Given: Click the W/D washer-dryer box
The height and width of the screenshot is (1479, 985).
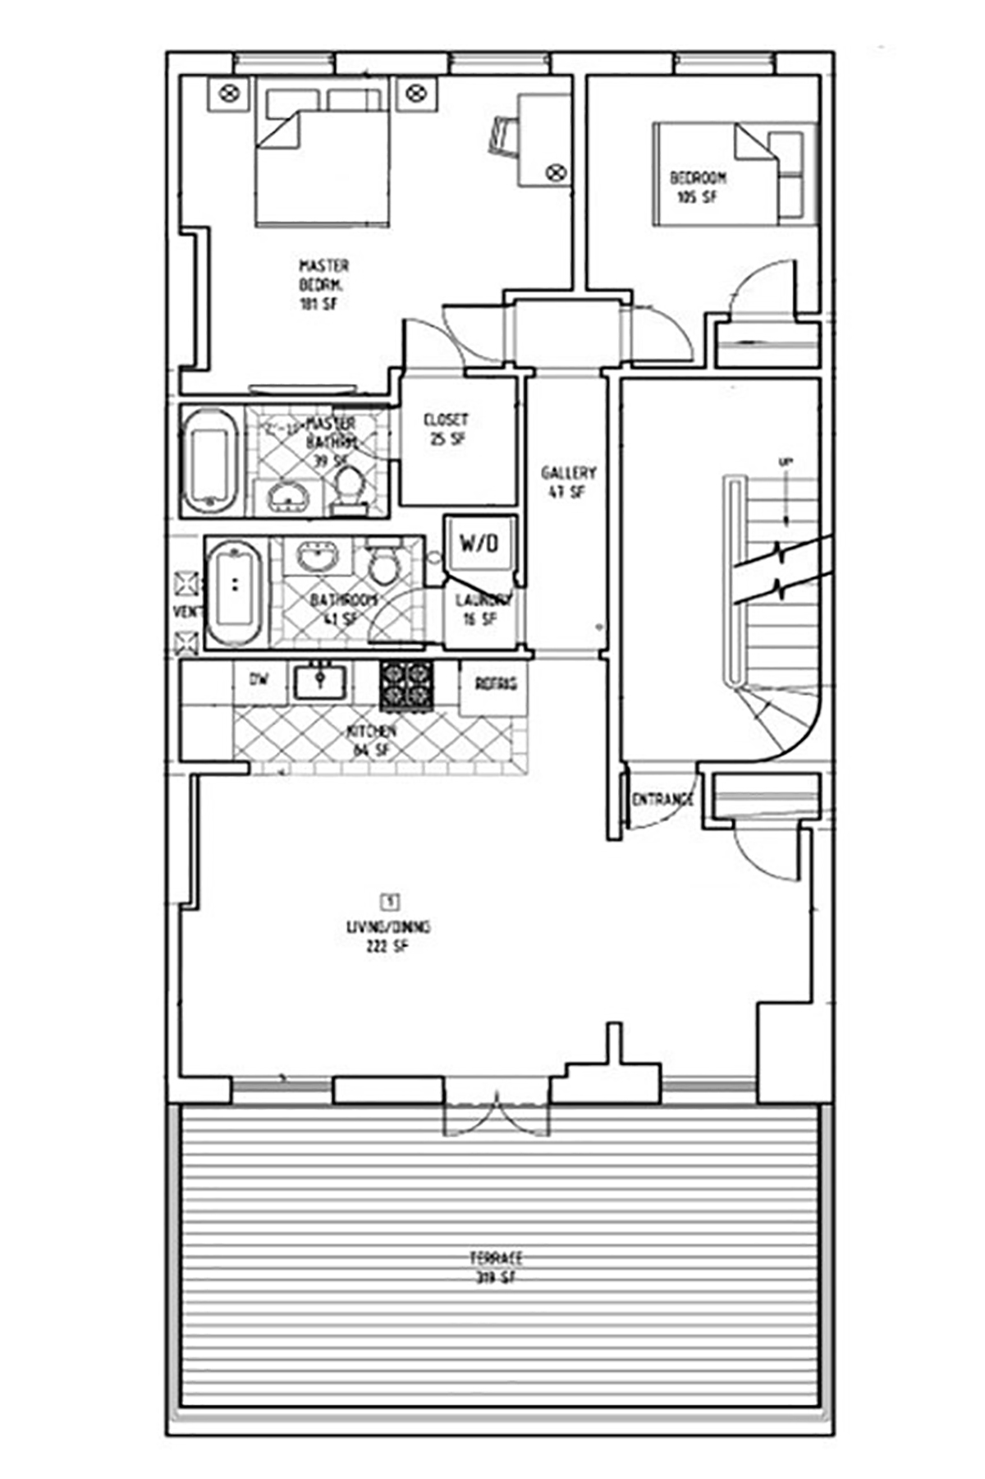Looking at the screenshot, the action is (x=479, y=542).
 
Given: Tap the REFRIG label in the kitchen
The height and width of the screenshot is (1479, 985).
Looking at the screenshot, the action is (x=496, y=683).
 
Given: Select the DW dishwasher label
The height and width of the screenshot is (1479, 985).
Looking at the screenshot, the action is (x=259, y=679).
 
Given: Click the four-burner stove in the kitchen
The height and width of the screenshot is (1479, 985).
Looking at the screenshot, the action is (x=405, y=684).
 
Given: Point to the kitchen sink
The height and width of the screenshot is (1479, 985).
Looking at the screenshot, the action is (x=319, y=681).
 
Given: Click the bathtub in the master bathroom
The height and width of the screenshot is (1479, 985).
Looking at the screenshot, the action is (x=209, y=462).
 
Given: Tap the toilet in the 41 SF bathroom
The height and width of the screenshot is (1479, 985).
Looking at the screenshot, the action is (x=383, y=563).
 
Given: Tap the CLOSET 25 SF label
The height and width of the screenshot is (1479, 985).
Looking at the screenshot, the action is (x=446, y=429).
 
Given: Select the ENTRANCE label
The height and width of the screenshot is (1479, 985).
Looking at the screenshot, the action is (x=662, y=799).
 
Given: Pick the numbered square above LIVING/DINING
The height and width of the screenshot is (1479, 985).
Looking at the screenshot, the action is (x=391, y=901).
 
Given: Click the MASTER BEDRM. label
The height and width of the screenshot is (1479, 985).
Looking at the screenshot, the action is (x=323, y=284).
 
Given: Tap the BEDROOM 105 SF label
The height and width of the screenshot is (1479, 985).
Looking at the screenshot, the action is (x=698, y=186).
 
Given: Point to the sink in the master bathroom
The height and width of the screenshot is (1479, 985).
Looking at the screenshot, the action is (x=286, y=494).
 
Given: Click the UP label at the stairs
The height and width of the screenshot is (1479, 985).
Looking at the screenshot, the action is (x=785, y=462).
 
